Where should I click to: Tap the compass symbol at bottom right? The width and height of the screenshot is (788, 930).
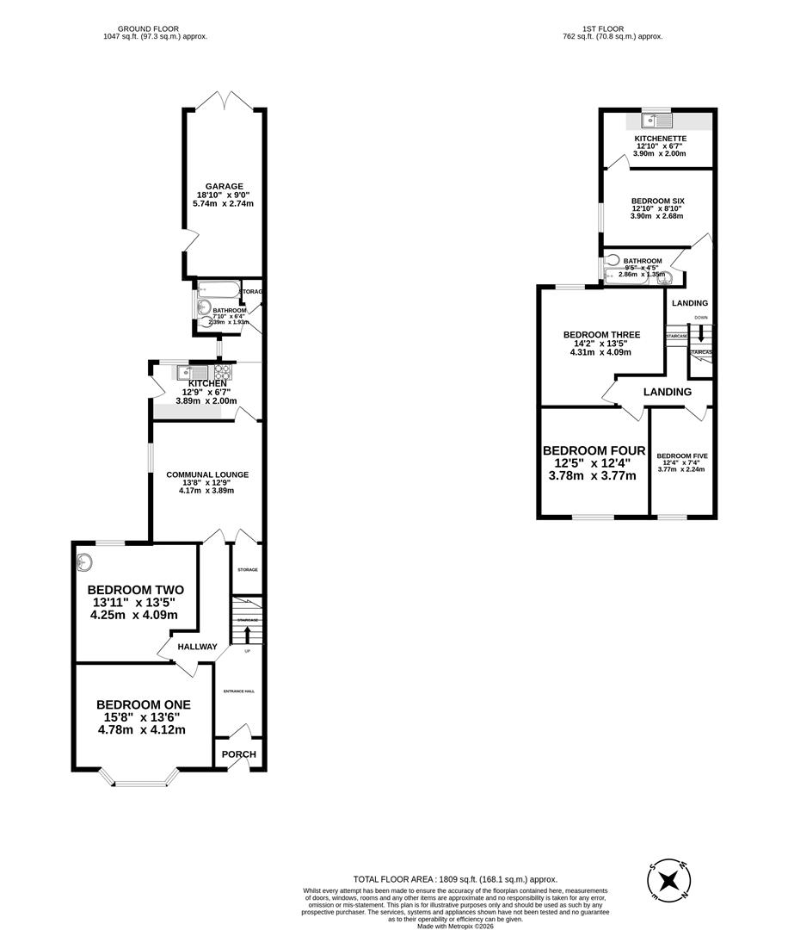pyautogui.click(x=668, y=881)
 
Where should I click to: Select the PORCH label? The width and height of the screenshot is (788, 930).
pyautogui.click(x=238, y=754)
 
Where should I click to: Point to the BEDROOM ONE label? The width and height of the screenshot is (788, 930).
pyautogui.click(x=143, y=704)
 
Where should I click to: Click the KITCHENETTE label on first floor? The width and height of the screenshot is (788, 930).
pyautogui.click(x=660, y=138)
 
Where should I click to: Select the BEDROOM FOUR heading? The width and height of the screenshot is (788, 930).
pyautogui.click(x=594, y=451)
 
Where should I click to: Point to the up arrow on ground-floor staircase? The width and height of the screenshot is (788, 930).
pyautogui.click(x=248, y=635)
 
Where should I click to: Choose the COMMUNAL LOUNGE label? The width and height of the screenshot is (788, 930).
pyautogui.click(x=207, y=474)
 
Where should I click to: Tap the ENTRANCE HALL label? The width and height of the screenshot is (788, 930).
pyautogui.click(x=239, y=691)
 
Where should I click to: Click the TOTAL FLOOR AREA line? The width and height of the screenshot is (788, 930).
pyautogui.click(x=455, y=879)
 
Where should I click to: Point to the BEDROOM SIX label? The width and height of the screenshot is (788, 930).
pyautogui.click(x=657, y=201)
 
